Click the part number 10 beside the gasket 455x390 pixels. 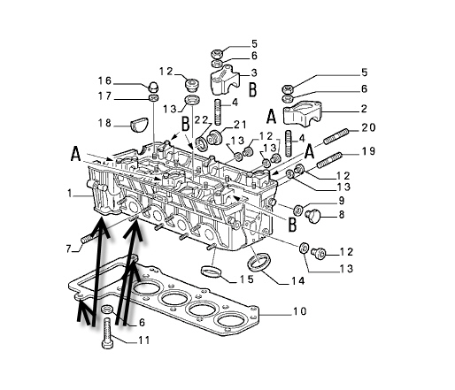click(x=299, y=311)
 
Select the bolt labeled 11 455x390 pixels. click(x=107, y=334)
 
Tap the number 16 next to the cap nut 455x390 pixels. click(x=104, y=80)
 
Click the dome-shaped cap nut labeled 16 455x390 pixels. click(x=153, y=87)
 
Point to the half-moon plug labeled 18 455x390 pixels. click(x=139, y=125)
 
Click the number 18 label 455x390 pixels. click(x=104, y=123)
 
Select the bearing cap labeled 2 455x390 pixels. click(x=302, y=113)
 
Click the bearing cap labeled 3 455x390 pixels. click(x=225, y=79)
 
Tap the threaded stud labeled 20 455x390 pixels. click(x=336, y=136)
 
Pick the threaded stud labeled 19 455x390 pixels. click(x=329, y=159)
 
